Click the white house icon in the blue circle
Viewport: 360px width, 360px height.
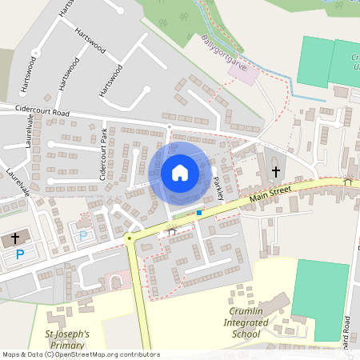point(180,173)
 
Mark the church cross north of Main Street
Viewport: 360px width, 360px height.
point(276,171)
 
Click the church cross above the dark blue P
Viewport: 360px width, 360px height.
point(14,238)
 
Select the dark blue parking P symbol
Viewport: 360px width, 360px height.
point(21,254)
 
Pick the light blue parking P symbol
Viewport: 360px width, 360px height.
point(82,236)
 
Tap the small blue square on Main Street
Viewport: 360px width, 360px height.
point(198,213)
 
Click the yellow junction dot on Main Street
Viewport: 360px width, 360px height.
point(128,238)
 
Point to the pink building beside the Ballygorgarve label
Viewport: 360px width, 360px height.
point(239,73)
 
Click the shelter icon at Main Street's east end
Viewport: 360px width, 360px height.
point(347,181)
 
